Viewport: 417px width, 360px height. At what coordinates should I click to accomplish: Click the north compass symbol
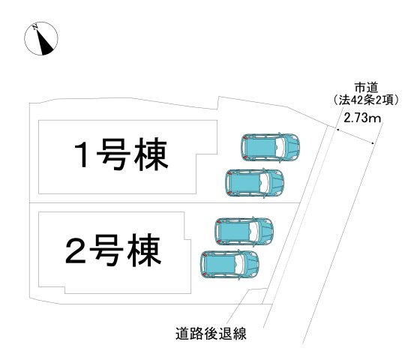[x=41, y=38]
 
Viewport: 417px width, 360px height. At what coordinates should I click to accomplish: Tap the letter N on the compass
[x=34, y=27]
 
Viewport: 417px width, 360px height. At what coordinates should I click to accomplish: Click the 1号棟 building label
[x=121, y=154]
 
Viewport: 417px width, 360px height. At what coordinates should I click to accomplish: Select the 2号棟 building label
[x=113, y=250]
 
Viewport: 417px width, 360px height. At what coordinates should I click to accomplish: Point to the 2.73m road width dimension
[x=362, y=118]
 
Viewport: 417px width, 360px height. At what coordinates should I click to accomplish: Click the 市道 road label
[x=366, y=88]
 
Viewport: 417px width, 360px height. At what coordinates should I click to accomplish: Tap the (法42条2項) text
[x=366, y=100]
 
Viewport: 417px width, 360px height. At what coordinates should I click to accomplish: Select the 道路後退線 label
[x=211, y=334]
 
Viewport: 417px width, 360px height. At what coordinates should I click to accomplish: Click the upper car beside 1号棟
[x=271, y=147]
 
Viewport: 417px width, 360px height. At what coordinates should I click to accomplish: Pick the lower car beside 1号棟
[x=254, y=183]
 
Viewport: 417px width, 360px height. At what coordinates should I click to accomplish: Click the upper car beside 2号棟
[x=244, y=231]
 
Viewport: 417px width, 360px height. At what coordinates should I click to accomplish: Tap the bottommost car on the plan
[x=229, y=264]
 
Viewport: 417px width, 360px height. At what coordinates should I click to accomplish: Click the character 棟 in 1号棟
[x=151, y=154]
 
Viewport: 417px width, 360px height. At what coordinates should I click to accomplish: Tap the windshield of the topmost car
[x=280, y=147]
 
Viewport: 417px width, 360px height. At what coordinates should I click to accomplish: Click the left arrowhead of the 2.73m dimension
[x=338, y=130]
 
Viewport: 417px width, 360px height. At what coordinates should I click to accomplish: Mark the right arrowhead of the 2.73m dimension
[x=372, y=142]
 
